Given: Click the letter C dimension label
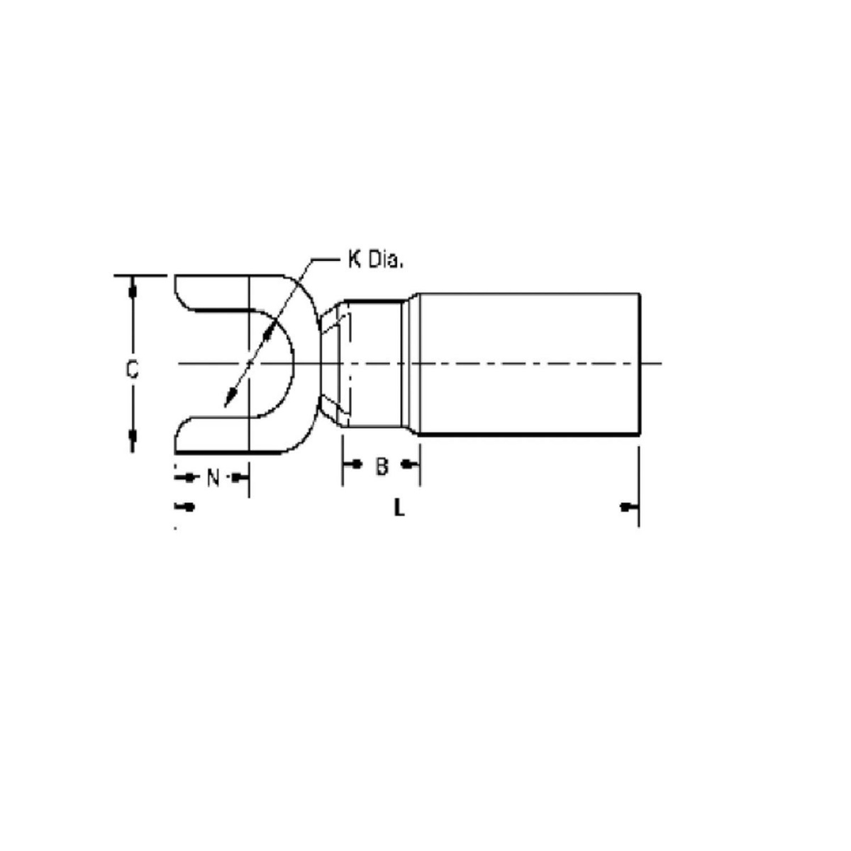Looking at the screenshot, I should pyautogui.click(x=132, y=369).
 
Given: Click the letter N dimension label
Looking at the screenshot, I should pyautogui.click(x=213, y=478).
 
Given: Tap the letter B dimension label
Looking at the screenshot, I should pyautogui.click(x=382, y=466).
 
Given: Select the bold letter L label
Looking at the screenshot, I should pyautogui.click(x=399, y=508).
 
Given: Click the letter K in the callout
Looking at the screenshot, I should pyautogui.click(x=353, y=260).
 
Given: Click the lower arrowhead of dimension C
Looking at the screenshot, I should pyautogui.click(x=132, y=437).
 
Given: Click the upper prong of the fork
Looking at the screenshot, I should pyautogui.click(x=213, y=291).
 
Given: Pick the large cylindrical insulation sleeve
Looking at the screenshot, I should pyautogui.click(x=528, y=363).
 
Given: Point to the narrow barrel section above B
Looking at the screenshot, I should pyautogui.click(x=376, y=363).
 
